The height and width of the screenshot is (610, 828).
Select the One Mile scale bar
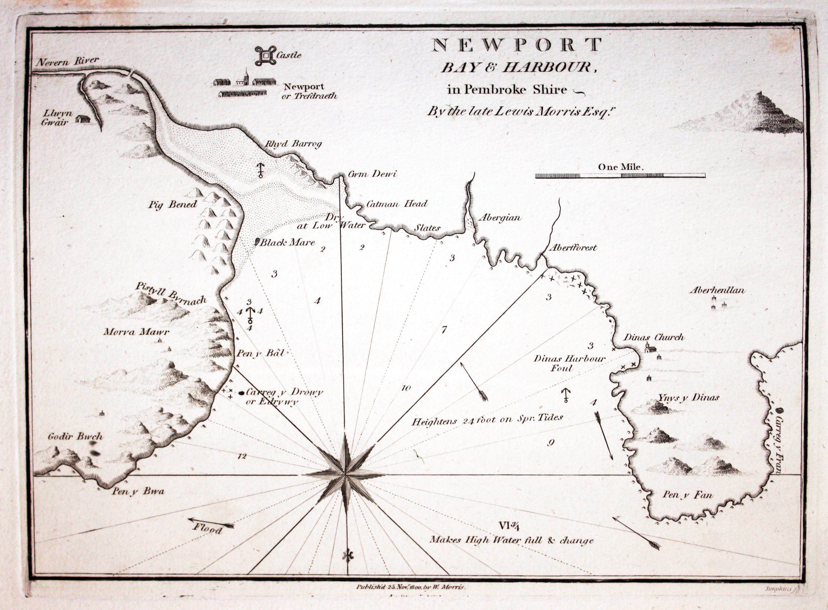[620, 176]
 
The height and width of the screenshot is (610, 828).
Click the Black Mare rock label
[287, 243]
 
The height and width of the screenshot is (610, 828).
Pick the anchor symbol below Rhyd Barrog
[261, 170]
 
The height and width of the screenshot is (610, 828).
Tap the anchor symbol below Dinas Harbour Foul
[565, 396]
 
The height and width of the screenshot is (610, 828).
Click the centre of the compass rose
[345, 474]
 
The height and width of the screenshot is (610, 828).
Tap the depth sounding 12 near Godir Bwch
[242, 457]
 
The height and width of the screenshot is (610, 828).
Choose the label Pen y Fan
[687, 495]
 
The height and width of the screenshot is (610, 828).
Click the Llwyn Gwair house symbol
[83, 119]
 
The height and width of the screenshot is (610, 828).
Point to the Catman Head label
[397, 203]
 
